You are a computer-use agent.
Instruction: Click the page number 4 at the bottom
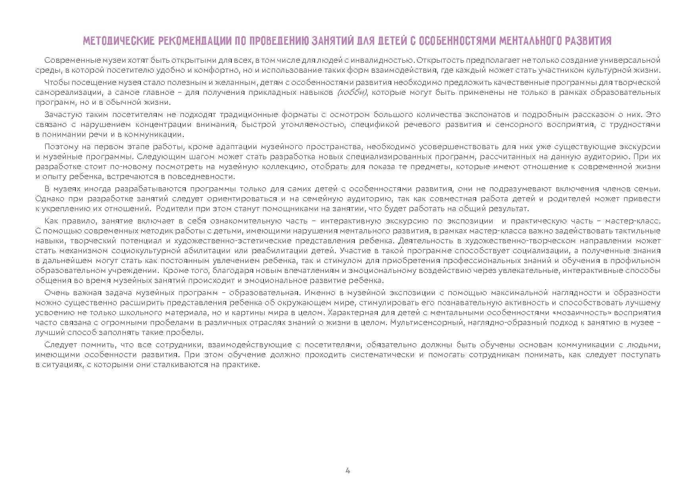(348, 471)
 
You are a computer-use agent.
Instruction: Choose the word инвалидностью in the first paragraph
(382, 61)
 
